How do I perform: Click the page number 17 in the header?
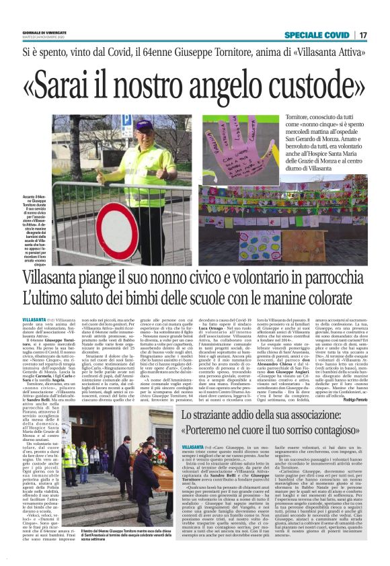point(362,34)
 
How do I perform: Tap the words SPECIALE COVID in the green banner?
point(317,34)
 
